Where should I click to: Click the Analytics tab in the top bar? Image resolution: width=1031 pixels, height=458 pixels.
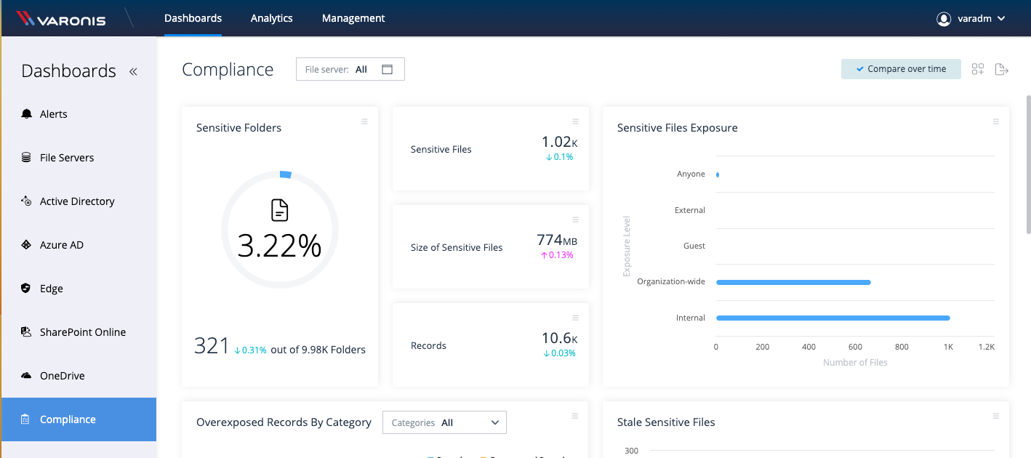pyautogui.click(x=271, y=18)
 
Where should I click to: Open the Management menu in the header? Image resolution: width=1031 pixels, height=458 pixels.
pyautogui.click(x=353, y=18)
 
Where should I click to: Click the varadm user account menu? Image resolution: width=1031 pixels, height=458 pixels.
pyautogui.click(x=971, y=19)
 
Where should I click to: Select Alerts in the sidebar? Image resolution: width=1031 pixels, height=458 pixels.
pyautogui.click(x=53, y=114)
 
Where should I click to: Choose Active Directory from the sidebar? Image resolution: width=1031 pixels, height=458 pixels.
pyautogui.click(x=76, y=201)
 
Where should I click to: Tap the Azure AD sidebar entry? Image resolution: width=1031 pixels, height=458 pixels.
pyautogui.click(x=61, y=245)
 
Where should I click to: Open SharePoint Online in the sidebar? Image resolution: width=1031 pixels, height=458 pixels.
pyautogui.click(x=82, y=332)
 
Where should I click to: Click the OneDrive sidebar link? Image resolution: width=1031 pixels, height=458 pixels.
pyautogui.click(x=62, y=376)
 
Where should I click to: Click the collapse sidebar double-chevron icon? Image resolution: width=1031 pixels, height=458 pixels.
pyautogui.click(x=133, y=71)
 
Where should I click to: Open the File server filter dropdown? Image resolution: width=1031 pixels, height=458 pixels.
pyautogui.click(x=350, y=69)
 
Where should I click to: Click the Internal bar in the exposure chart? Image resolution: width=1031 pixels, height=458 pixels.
pyautogui.click(x=833, y=318)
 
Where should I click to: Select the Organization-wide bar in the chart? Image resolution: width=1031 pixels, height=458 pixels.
pyautogui.click(x=793, y=282)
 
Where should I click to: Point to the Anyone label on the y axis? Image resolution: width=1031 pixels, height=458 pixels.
pyautogui.click(x=691, y=174)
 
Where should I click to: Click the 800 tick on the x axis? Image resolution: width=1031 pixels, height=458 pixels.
pyautogui.click(x=902, y=347)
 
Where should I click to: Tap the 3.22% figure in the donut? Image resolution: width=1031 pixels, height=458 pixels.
pyautogui.click(x=279, y=246)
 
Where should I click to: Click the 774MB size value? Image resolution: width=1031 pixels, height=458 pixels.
pyautogui.click(x=556, y=241)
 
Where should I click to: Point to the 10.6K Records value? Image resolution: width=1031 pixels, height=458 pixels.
pyautogui.click(x=559, y=339)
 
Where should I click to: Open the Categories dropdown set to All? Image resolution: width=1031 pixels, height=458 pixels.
pyautogui.click(x=444, y=422)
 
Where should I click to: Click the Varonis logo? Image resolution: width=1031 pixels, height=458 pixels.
pyautogui.click(x=61, y=19)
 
